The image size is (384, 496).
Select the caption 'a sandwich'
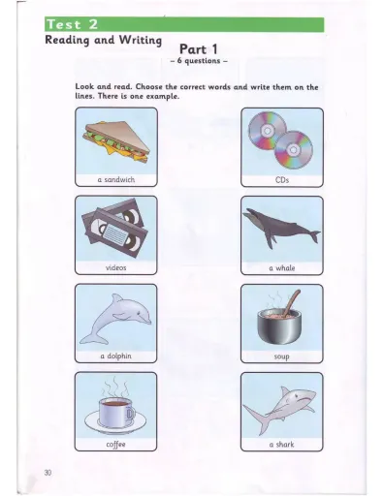[x=115, y=179]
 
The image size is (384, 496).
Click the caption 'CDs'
[x=283, y=179]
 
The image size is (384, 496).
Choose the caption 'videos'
[x=115, y=266]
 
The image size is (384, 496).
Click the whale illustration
[x=282, y=229]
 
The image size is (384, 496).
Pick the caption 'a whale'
[x=283, y=266]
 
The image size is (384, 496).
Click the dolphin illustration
[x=113, y=318]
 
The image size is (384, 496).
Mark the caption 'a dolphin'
[x=115, y=356]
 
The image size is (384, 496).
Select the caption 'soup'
[x=283, y=356]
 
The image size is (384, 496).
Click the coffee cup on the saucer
[x=115, y=410]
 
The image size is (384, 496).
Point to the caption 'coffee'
[x=115, y=444]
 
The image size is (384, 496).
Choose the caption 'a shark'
[x=283, y=444]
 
